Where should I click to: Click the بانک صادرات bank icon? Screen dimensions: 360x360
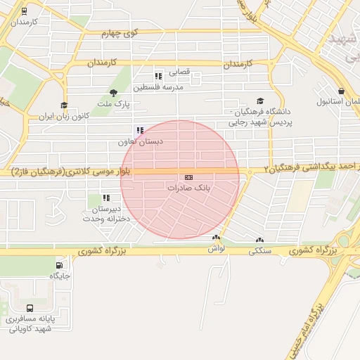click(x=188, y=178)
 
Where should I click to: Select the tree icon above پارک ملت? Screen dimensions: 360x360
click(x=114, y=93)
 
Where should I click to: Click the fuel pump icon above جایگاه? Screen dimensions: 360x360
click(x=58, y=265)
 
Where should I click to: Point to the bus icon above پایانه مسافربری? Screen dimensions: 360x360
click(x=30, y=308)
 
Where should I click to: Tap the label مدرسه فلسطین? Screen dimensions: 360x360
click(x=163, y=87)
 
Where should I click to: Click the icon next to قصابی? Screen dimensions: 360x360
click(x=158, y=75)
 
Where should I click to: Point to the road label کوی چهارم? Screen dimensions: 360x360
click(x=119, y=33)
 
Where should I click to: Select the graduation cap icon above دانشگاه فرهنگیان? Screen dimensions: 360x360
click(x=260, y=101)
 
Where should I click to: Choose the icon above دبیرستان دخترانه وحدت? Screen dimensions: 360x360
click(x=106, y=198)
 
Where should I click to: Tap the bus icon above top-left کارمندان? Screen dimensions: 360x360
click(x=25, y=11)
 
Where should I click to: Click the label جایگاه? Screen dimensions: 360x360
click(x=59, y=276)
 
